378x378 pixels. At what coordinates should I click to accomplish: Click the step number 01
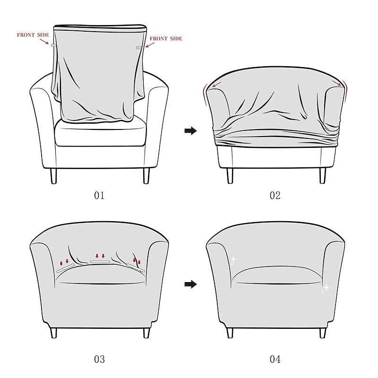(x=99, y=195)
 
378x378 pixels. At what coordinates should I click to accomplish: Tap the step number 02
(x=275, y=195)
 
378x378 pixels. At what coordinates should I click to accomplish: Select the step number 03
(x=99, y=359)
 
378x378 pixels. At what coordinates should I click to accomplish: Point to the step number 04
(x=275, y=359)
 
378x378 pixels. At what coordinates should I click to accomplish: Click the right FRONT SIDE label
(x=165, y=39)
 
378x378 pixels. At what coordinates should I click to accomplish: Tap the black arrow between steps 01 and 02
(x=190, y=131)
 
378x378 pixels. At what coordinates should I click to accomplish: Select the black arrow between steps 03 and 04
(x=190, y=284)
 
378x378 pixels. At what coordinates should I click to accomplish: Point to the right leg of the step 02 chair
(x=323, y=175)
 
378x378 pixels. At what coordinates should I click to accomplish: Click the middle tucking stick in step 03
(x=100, y=261)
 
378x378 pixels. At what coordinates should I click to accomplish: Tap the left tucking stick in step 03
(x=65, y=268)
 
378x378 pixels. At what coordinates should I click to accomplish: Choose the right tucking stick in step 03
(x=136, y=267)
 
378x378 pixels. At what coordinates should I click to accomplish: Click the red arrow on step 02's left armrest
(x=216, y=85)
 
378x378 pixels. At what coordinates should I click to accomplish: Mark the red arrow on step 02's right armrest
(x=336, y=83)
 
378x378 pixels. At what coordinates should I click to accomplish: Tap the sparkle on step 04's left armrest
(x=232, y=260)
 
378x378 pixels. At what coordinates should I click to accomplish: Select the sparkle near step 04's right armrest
(x=325, y=288)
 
